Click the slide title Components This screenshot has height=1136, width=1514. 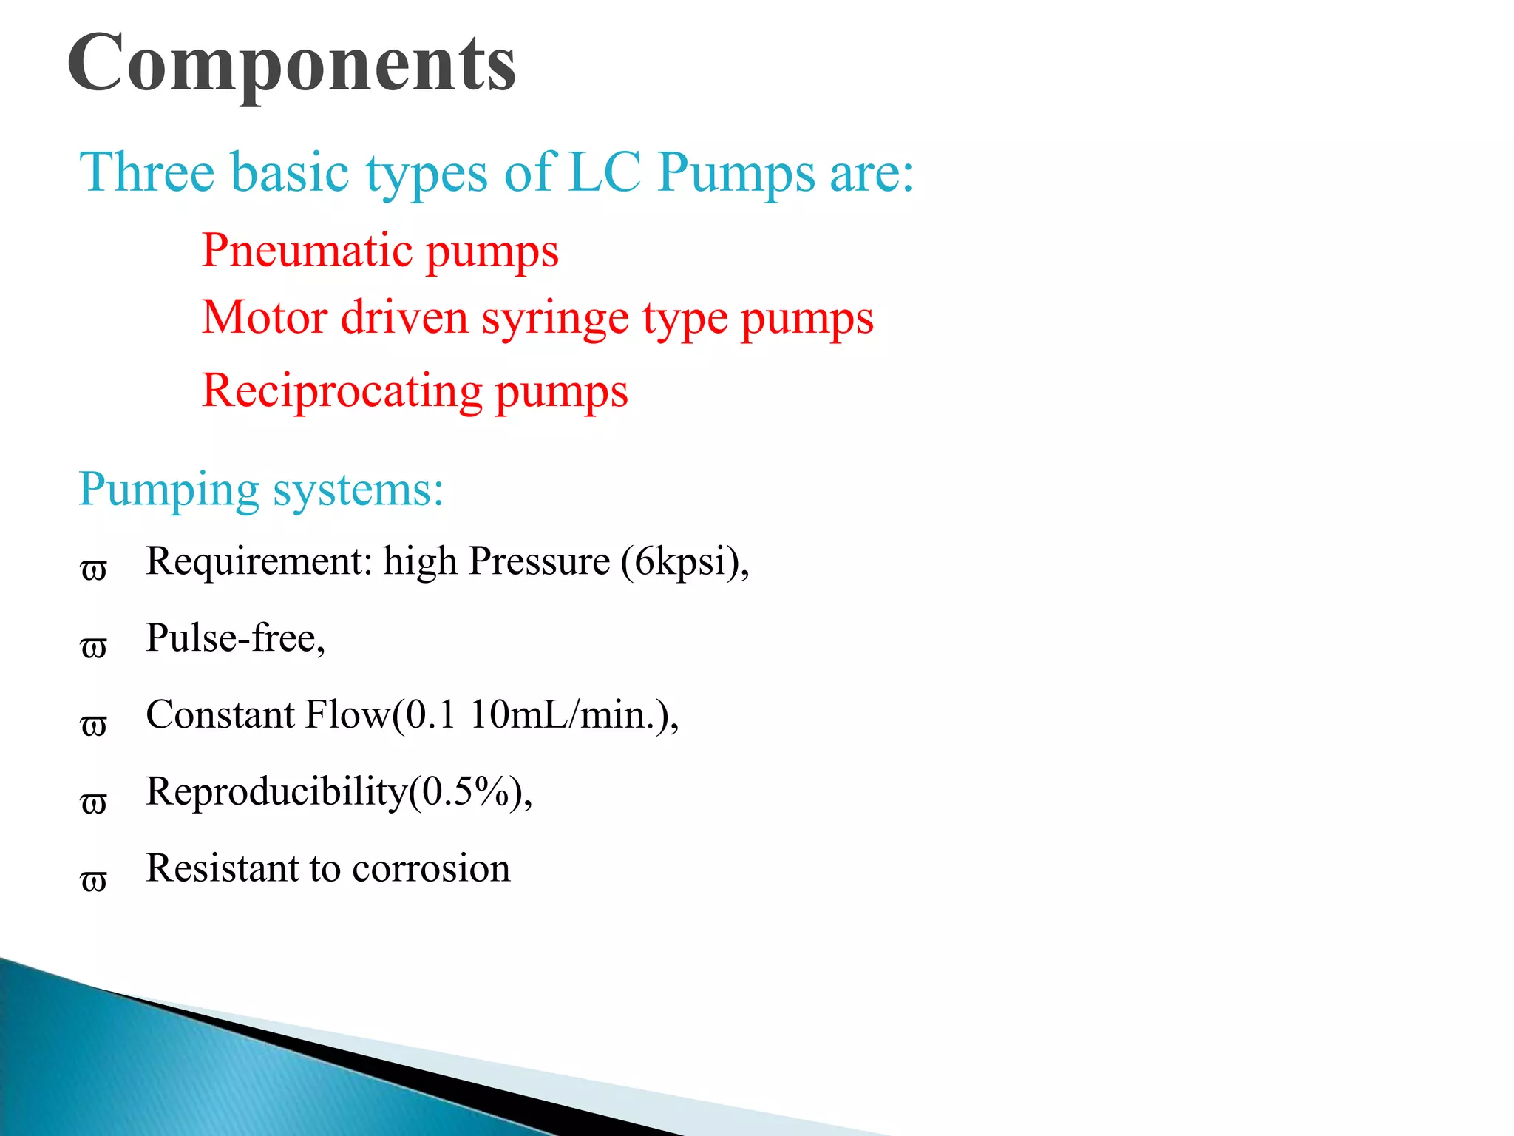[291, 65]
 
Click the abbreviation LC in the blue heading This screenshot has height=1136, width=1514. [605, 172]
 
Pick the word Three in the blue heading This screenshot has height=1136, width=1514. [146, 172]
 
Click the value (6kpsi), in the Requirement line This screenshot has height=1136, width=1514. [685, 561]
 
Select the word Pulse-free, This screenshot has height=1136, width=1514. [235, 638]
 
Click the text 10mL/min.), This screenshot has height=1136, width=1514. [574, 715]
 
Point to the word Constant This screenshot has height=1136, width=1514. [220, 715]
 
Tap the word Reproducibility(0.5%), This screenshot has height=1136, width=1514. [339, 792]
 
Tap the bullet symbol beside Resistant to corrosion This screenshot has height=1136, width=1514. [94, 880]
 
